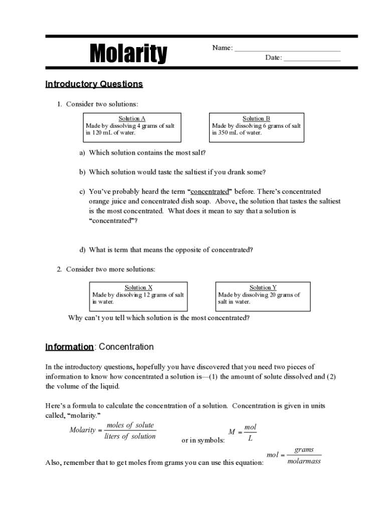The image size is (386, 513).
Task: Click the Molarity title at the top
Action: coord(128,53)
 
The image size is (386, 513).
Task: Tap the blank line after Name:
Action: coord(287,49)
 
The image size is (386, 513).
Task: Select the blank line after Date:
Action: coord(312,58)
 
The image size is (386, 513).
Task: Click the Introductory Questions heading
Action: coord(94,84)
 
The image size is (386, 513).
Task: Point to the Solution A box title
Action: coord(132,119)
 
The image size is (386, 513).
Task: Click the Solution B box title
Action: coord(256,119)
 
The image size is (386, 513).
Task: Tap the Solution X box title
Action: coord(138,288)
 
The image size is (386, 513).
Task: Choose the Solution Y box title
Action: coord(263,288)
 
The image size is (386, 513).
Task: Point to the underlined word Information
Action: coord(69,347)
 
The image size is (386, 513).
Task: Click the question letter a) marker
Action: coord(82,153)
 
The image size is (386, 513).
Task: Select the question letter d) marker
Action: coord(82,249)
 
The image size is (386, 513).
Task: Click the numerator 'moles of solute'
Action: coord(130,425)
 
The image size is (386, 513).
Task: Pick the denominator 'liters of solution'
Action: coord(130,436)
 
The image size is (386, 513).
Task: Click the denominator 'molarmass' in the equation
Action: coord(304,461)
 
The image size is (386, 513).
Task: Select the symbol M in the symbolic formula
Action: coord(232,432)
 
